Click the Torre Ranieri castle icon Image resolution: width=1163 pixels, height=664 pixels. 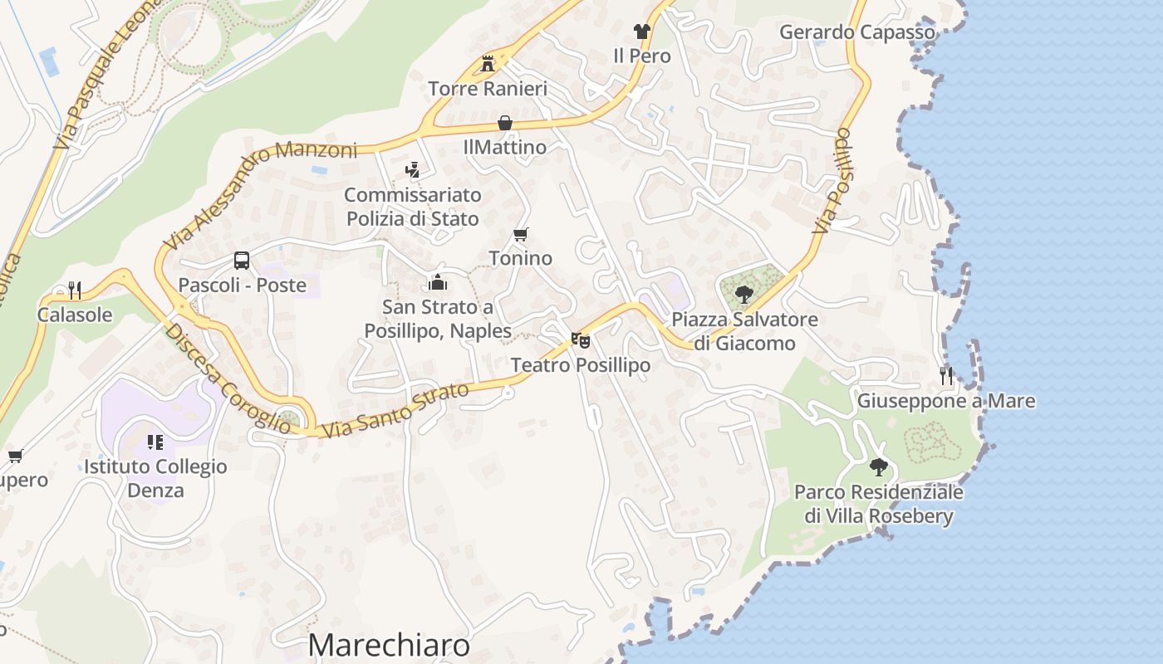point(488,64)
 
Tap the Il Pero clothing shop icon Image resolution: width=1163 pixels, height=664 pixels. point(641,32)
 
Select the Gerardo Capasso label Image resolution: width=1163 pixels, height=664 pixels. point(857,32)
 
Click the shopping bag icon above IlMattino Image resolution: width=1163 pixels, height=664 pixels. point(504,124)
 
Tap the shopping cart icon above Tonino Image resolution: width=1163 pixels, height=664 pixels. point(521,235)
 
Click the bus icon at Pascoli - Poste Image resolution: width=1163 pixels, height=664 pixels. point(242,261)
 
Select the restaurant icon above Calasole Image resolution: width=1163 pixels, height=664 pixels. point(75,290)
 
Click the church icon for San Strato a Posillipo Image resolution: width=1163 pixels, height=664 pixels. point(438,282)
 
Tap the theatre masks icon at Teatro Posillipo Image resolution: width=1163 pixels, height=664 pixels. point(581,340)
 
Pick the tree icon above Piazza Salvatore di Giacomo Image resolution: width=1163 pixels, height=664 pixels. point(744,294)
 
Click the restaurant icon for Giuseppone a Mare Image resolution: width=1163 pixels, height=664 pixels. point(946,376)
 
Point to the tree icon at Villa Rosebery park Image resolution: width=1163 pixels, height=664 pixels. point(878,467)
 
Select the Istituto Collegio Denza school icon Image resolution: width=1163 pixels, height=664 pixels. point(155,442)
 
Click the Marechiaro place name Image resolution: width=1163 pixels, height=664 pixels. point(389,646)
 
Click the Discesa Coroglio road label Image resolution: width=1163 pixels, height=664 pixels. point(228,378)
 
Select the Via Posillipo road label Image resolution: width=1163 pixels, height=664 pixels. point(833,180)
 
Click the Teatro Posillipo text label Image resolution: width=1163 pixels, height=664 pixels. point(581,365)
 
